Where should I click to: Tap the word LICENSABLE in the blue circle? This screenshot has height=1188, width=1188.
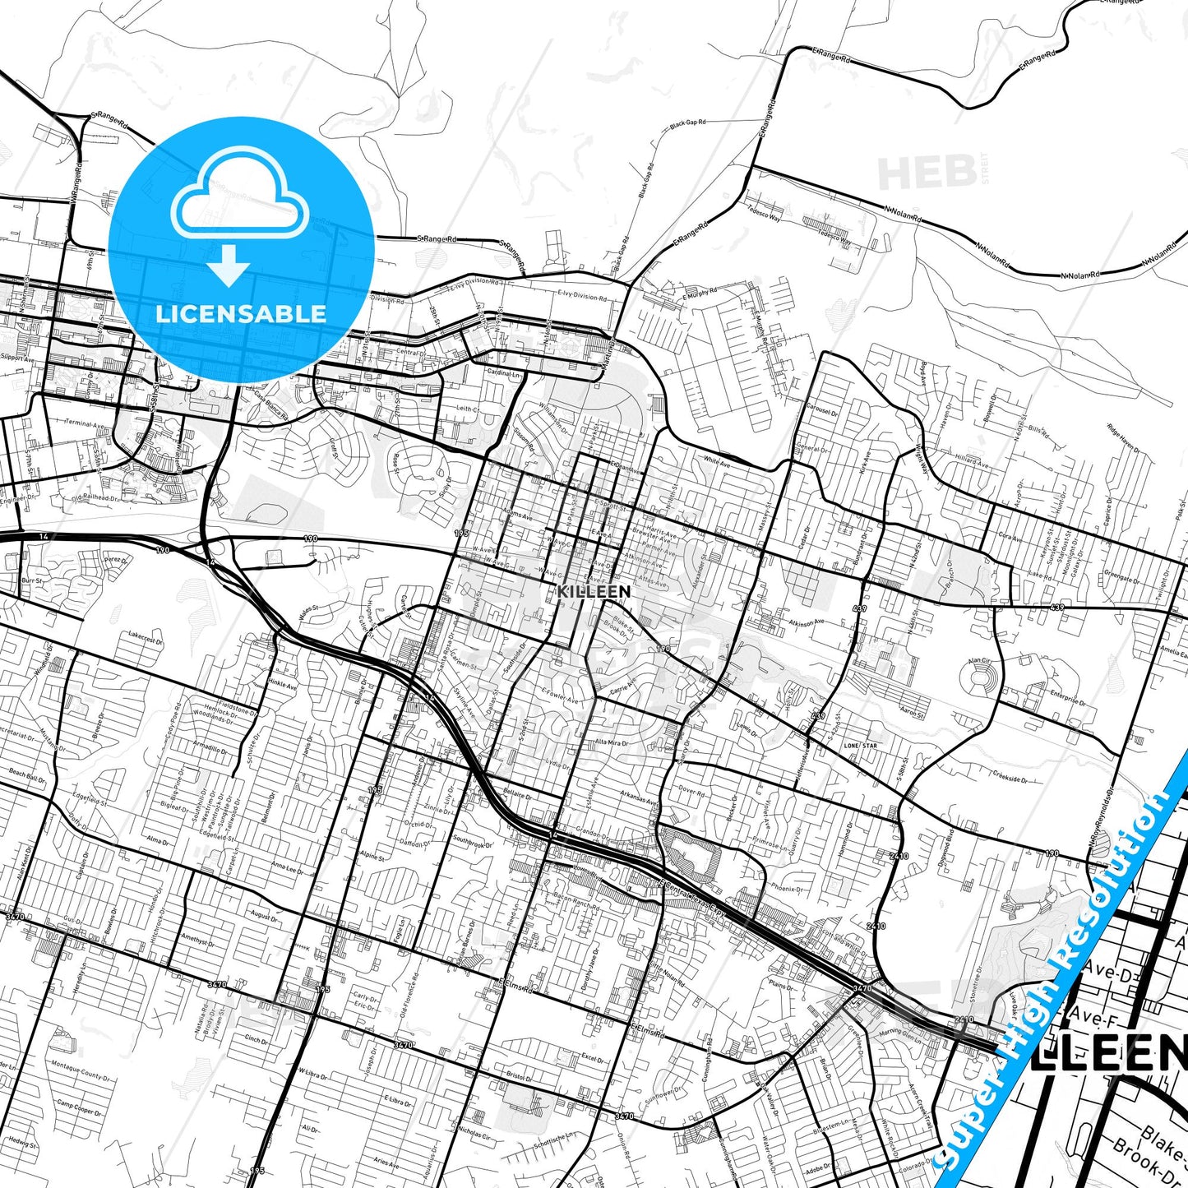pos(241,314)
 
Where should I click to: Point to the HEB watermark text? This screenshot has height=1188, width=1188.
pos(927,173)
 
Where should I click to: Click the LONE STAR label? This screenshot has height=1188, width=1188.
pos(861,746)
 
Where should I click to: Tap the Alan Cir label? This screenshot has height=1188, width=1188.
pos(979,660)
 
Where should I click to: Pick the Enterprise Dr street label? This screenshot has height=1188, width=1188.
pos(1069,698)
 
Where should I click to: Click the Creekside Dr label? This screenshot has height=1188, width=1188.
pos(1009,775)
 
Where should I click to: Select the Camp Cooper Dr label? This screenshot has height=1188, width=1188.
pos(80,1108)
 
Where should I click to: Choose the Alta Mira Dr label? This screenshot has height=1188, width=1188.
pos(612,742)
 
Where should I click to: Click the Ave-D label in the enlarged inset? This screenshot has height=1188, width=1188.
pos(1107,972)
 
